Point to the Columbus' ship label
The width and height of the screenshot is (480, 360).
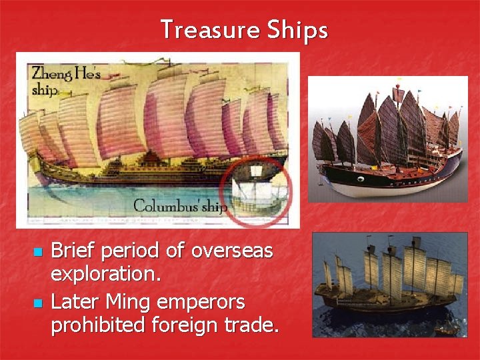181,206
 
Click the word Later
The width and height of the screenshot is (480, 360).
75,301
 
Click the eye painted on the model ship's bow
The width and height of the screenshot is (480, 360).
360,179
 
